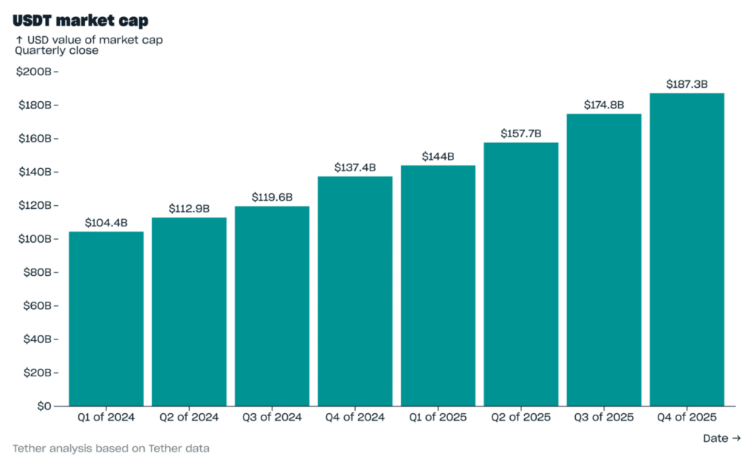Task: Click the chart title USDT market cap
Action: pos(80,21)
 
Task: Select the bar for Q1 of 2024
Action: pos(106,319)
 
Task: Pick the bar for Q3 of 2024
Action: pos(272,305)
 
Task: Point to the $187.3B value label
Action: pos(687,85)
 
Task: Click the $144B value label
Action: pos(438,156)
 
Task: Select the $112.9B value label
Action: pos(189,209)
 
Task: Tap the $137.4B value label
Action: pos(355,167)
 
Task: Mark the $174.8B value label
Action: pos(604,105)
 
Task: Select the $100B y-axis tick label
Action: pos(35,239)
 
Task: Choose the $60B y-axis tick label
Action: pos(37,305)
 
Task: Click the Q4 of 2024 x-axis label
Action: pos(355,418)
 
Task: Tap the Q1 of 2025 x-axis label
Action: pos(438,418)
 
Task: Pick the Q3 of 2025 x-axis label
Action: pos(604,418)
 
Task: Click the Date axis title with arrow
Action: pos(721,438)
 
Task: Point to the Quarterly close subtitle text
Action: pos(57,51)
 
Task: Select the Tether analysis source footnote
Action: pos(111,448)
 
